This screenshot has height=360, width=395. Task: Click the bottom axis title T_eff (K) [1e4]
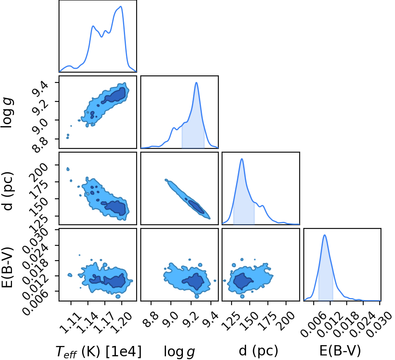click(x=99, y=351)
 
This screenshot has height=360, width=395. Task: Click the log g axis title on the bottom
click(x=180, y=351)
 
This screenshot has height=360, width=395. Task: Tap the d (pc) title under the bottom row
click(x=258, y=351)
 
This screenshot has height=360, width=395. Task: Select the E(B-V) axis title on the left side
click(x=7, y=267)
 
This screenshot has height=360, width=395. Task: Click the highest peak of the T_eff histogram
click(x=121, y=7)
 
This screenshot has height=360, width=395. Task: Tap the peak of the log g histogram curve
click(x=196, y=82)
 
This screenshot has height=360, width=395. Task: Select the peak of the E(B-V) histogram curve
click(x=325, y=235)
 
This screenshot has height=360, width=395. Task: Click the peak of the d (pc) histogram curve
click(x=242, y=159)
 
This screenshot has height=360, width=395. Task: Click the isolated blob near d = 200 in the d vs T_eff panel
click(x=68, y=169)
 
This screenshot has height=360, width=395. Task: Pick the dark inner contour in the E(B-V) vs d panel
click(x=242, y=281)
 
